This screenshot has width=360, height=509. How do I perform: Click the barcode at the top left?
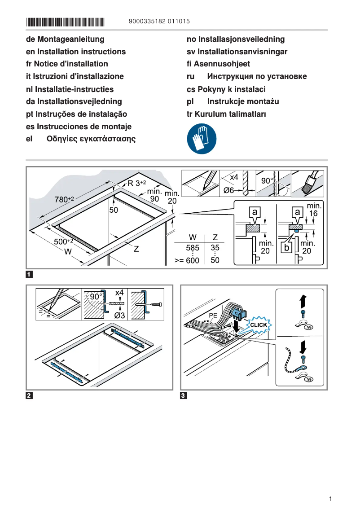(x=65, y=22)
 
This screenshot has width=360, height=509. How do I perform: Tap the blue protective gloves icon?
(x=202, y=139)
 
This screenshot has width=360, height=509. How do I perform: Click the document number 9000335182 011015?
(x=159, y=22)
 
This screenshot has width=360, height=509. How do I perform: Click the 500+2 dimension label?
(x=64, y=242)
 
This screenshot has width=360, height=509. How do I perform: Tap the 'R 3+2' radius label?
(x=137, y=183)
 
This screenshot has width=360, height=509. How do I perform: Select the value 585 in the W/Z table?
(x=193, y=247)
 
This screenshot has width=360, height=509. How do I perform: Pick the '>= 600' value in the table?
(x=187, y=260)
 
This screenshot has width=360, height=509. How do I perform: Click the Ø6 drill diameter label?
(x=229, y=191)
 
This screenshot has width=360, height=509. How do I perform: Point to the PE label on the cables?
(x=213, y=316)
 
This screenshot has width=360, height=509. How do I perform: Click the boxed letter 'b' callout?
(x=285, y=247)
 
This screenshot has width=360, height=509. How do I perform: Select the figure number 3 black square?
(x=184, y=395)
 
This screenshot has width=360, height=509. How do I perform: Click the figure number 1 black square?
(x=29, y=274)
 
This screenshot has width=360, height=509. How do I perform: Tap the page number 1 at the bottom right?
(x=330, y=499)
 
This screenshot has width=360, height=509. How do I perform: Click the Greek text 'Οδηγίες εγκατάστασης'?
(x=91, y=139)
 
